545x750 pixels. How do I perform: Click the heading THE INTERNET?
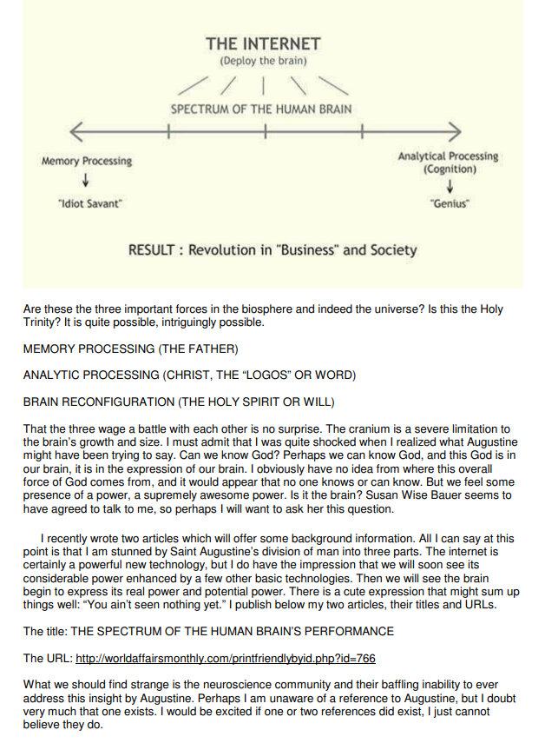click(263, 43)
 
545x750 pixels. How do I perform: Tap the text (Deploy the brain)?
click(262, 61)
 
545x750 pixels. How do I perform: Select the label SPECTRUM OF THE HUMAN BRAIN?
click(261, 110)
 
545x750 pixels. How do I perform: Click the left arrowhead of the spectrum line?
click(74, 133)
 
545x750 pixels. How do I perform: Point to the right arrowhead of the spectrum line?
click(455, 133)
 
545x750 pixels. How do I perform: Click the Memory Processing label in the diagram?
click(87, 161)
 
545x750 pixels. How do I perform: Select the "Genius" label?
click(449, 203)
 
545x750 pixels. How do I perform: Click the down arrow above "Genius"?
click(450, 184)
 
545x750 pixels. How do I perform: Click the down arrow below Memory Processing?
click(85, 180)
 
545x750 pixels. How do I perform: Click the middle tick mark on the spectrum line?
click(266, 133)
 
